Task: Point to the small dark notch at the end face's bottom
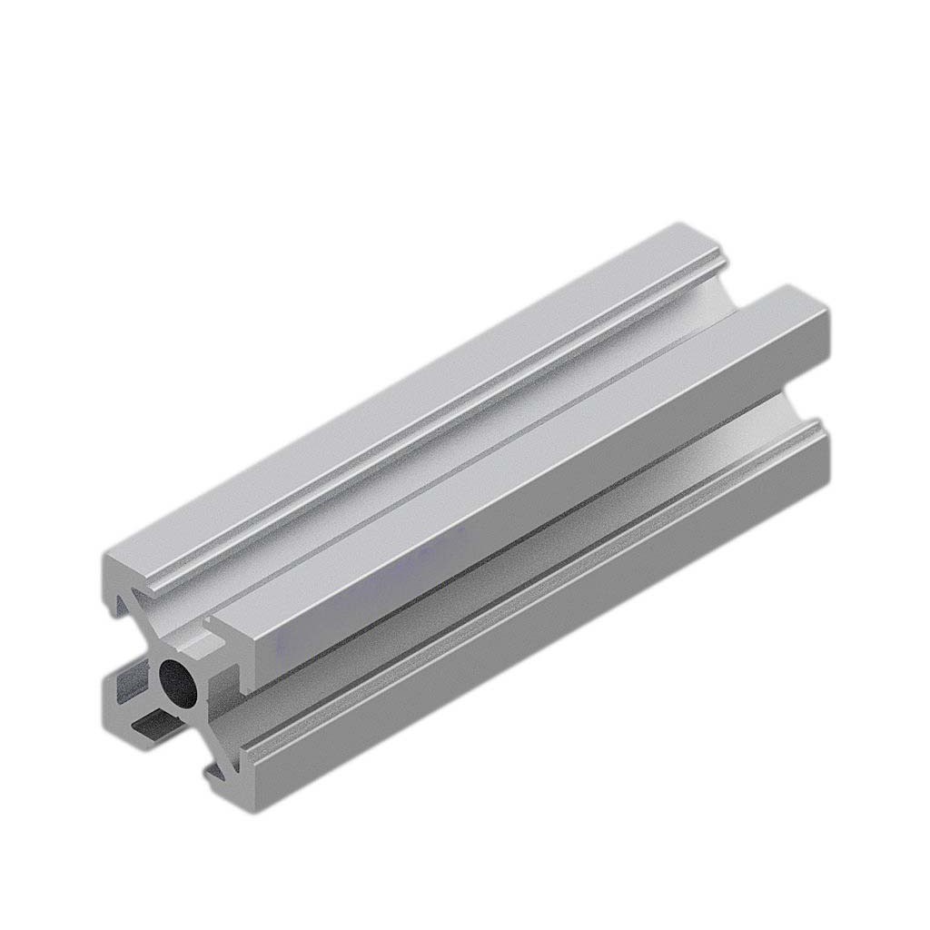tap(214, 773)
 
